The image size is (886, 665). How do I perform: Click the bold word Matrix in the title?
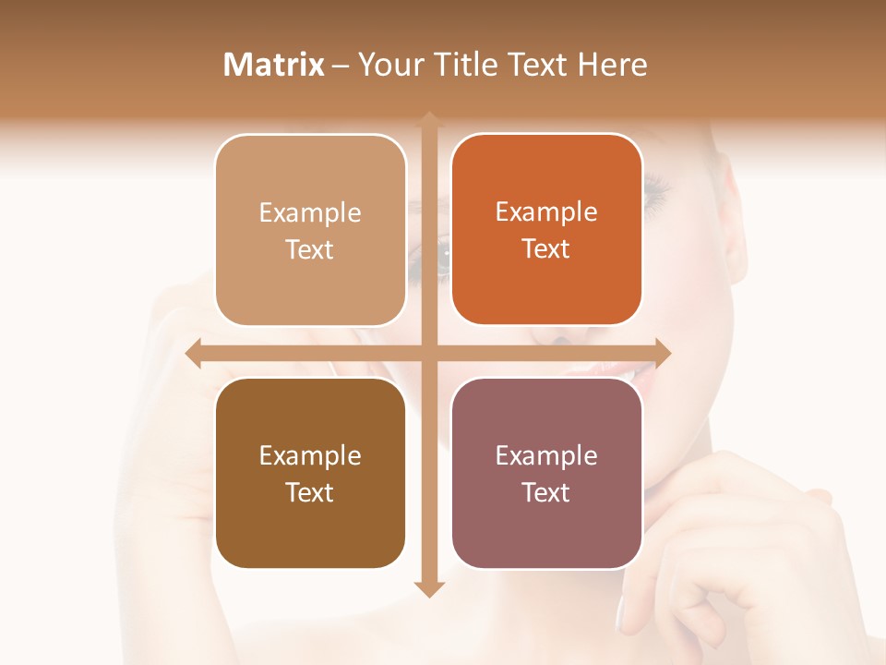pos(274,65)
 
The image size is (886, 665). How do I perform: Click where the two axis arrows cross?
pos(429,354)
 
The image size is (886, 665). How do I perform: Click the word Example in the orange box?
pos(546,212)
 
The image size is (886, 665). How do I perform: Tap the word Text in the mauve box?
pos(546,492)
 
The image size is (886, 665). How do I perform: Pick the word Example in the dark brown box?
pos(310,455)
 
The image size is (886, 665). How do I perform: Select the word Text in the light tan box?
pos(310,250)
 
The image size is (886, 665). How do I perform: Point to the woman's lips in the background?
pos(609,374)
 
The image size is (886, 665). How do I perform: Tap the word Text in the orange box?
pos(546,249)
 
